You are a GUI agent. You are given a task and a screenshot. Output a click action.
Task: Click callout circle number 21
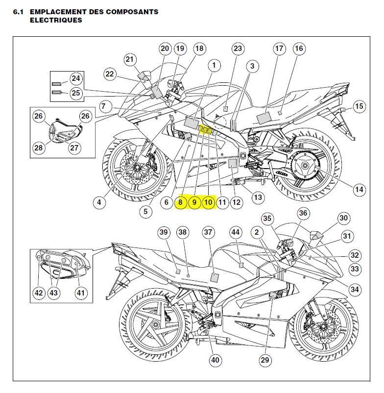130,60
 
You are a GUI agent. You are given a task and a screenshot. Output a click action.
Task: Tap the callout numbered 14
360,189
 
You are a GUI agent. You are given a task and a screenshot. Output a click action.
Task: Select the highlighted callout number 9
194,202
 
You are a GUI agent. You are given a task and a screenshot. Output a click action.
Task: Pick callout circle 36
304,213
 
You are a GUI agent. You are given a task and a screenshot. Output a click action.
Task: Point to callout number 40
216,360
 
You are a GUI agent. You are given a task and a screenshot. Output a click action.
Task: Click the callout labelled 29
265,361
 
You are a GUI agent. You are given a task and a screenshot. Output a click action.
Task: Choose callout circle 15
360,106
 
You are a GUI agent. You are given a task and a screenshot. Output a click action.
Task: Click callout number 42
38,293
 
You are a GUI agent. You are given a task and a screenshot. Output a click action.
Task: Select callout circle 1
214,65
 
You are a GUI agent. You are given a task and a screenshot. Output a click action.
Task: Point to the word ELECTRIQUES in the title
56,21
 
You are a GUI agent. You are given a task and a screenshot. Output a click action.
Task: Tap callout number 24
75,78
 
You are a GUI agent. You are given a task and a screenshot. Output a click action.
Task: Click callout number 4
99,202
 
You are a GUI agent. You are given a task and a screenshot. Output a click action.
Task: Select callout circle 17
279,49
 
